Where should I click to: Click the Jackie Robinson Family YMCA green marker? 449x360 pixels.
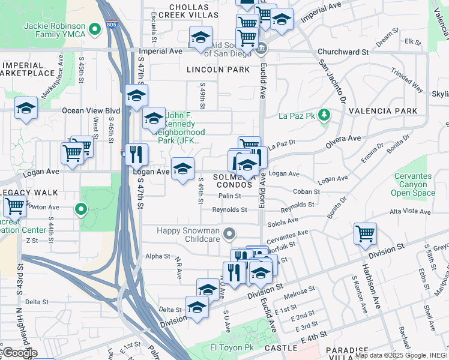click(94, 28)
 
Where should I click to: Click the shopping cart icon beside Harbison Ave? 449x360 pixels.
click(365, 233)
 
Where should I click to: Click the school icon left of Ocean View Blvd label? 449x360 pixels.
click(26, 108)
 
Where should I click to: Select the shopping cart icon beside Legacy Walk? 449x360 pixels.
click(14, 206)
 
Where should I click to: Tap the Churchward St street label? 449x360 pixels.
click(343, 52)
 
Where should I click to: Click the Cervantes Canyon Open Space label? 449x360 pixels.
click(412, 184)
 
